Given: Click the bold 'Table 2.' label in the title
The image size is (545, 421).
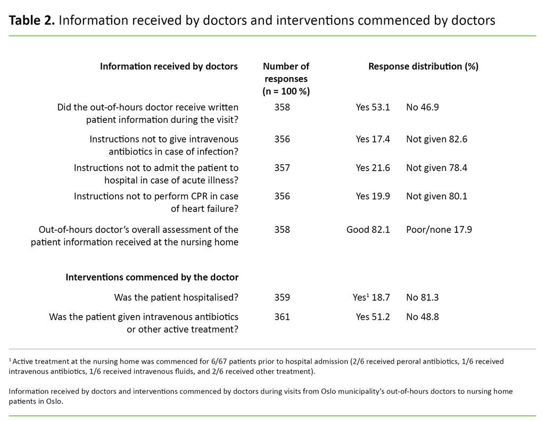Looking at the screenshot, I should pyautogui.click(x=31, y=21).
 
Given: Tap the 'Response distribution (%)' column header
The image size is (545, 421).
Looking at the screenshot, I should pyautogui.click(x=423, y=66).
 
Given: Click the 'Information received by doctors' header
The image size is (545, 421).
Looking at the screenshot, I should pyautogui.click(x=169, y=66).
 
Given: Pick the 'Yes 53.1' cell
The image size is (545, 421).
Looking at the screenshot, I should pyautogui.click(x=373, y=107).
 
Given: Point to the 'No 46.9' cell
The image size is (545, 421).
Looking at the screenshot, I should pyautogui.click(x=423, y=107).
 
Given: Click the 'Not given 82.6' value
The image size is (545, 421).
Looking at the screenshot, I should pyautogui.click(x=436, y=139).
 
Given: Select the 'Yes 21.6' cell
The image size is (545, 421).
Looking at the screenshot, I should pyautogui.click(x=373, y=167).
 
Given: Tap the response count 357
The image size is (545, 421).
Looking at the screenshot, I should pyautogui.click(x=282, y=167).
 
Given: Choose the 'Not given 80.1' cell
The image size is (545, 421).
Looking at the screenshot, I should pyautogui.click(x=436, y=196).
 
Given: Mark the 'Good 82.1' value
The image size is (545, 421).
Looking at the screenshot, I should pyautogui.click(x=368, y=230).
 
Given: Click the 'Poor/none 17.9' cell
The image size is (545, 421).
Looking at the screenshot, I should pyautogui.click(x=439, y=230).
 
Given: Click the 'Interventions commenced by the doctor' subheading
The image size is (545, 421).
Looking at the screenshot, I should pyautogui.click(x=152, y=277).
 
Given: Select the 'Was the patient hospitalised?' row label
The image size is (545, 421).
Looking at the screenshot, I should pyautogui.click(x=176, y=297).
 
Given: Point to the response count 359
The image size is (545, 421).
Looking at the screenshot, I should pyautogui.click(x=282, y=297).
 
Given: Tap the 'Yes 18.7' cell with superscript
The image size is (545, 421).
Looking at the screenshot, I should pyautogui.click(x=373, y=297).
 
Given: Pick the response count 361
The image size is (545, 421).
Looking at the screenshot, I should pyautogui.click(x=282, y=317).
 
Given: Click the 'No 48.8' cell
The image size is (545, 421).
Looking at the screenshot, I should pyautogui.click(x=423, y=317).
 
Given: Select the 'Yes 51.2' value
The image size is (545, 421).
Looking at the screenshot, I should pyautogui.click(x=373, y=317).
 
